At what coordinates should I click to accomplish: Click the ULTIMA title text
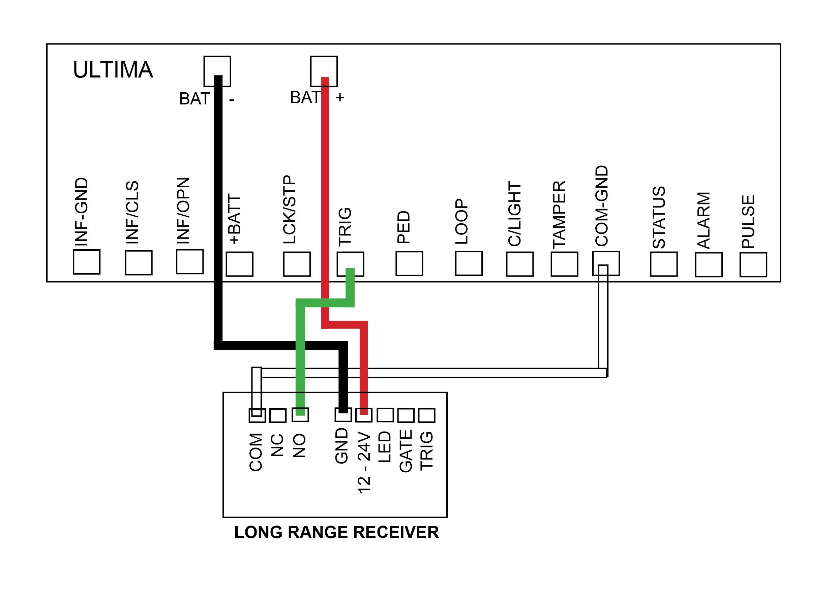[113, 70]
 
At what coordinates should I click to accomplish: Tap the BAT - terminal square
[217, 71]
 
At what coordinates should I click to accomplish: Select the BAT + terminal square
[324, 71]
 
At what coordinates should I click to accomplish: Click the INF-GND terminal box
[86, 262]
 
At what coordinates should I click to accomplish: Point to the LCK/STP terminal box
[296, 264]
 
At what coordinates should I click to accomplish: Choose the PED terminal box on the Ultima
[409, 263]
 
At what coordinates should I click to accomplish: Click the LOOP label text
[461, 222]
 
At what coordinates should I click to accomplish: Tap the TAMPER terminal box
[564, 264]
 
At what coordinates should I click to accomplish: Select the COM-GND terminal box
[606, 263]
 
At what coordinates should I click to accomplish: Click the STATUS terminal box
[663, 264]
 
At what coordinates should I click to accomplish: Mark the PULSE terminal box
[753, 265]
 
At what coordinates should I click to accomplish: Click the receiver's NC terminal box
[278, 416]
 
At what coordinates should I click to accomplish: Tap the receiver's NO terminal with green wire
[300, 415]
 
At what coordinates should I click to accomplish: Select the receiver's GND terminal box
[343, 415]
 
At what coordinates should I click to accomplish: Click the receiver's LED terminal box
[385, 415]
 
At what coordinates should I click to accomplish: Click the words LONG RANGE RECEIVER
[336, 532]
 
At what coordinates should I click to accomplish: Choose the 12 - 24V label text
[364, 463]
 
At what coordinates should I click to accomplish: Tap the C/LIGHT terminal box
[520, 264]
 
